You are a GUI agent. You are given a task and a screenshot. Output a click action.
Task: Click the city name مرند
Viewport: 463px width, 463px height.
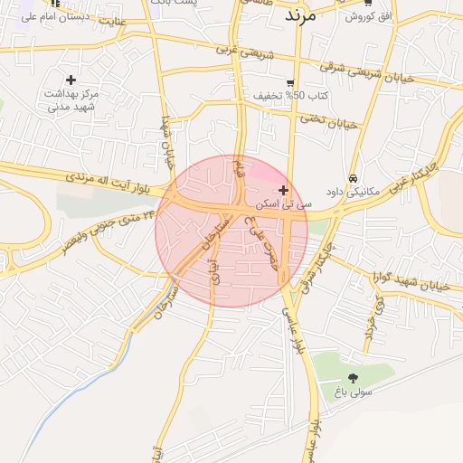tap(299, 15)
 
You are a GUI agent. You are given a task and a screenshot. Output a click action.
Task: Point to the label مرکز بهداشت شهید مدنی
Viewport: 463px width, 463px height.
tap(71, 99)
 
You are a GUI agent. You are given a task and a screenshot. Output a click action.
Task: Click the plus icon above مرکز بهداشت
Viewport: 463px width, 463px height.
tap(71, 80)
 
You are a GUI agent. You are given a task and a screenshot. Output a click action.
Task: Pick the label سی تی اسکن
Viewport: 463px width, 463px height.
tap(284, 205)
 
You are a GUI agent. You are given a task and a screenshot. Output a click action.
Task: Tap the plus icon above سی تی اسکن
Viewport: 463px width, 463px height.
tap(284, 190)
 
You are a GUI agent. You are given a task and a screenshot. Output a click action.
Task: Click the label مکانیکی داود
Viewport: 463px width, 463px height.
tap(353, 193)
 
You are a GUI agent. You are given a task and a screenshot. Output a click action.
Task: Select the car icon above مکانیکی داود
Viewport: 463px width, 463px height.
tap(353, 178)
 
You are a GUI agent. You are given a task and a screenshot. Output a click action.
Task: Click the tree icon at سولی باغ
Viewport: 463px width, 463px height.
tap(353, 378)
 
